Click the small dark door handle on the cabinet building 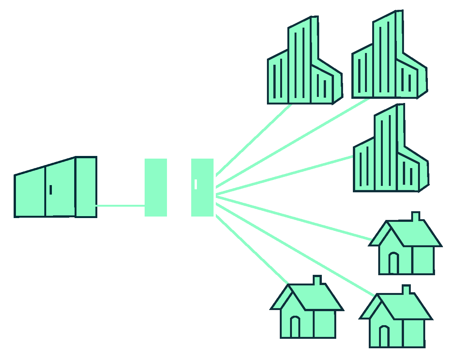click(x=51, y=190)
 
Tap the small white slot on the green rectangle click(x=196, y=184)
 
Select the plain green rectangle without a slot click(x=156, y=187)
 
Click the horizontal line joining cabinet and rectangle click(x=120, y=206)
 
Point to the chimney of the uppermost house click(x=415, y=217)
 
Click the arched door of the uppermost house click(x=394, y=263)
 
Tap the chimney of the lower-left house click(x=317, y=280)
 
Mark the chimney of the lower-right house click(x=406, y=290)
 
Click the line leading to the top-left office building click(x=254, y=140)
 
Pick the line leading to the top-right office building click(x=292, y=143)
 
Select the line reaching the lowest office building click(x=284, y=175)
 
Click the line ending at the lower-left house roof click(x=252, y=249)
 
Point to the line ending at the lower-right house click(x=295, y=250)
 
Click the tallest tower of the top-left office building click(x=299, y=64)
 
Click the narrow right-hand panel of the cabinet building click(x=86, y=187)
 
